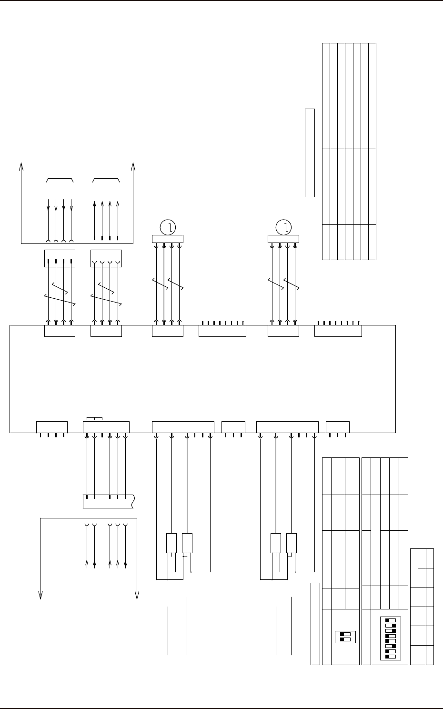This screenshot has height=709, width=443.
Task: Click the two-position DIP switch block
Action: (x=346, y=637)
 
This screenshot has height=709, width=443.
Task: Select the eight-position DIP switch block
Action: (x=390, y=638)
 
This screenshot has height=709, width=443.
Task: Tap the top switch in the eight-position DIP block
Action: (x=390, y=621)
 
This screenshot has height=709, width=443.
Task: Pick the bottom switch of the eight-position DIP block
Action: (x=390, y=657)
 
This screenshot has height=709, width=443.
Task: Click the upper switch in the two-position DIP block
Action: (x=346, y=634)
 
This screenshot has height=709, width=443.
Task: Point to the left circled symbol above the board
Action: (x=167, y=227)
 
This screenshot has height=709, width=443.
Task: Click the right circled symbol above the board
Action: (x=283, y=227)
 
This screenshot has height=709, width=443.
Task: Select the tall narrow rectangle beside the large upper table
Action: (x=310, y=152)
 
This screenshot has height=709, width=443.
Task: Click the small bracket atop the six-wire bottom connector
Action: (x=95, y=419)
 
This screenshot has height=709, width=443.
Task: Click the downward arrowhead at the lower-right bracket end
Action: (x=137, y=595)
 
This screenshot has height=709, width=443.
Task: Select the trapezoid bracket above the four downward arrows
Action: (x=60, y=180)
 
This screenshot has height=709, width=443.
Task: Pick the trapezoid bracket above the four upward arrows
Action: (x=106, y=180)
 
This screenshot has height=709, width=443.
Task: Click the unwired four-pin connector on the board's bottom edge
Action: (x=52, y=427)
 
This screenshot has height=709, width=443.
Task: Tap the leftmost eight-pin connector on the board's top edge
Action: (x=222, y=331)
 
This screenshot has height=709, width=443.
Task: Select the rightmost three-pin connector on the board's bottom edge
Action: (x=337, y=427)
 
